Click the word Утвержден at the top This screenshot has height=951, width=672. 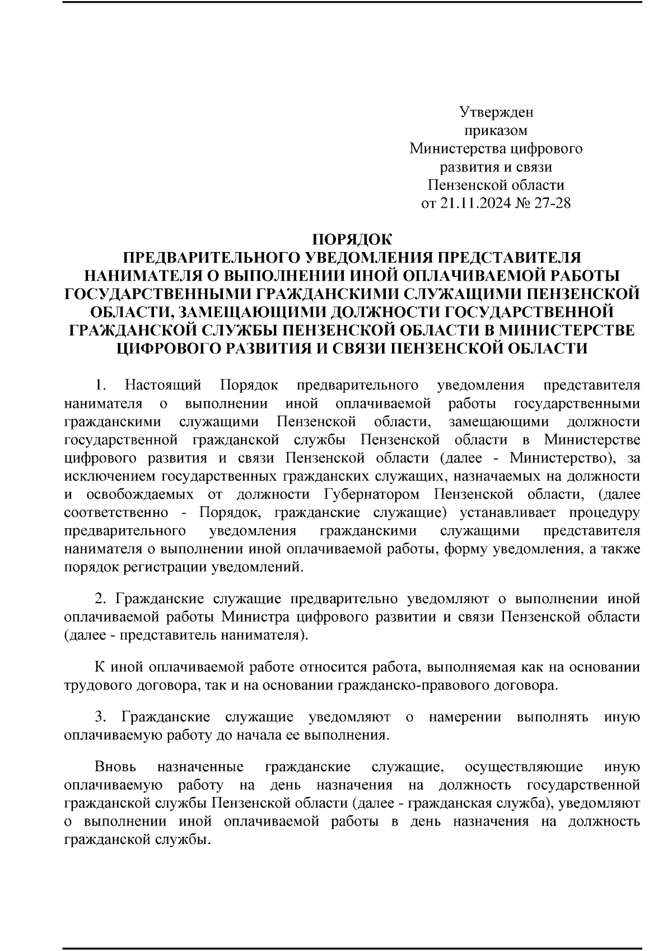496,113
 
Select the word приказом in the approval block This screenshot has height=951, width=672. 496,131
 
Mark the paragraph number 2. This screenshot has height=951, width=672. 100,599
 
